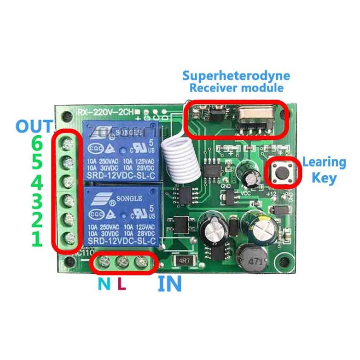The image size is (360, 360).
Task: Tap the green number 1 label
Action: point(37,239)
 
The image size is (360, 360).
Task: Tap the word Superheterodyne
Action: point(236,76)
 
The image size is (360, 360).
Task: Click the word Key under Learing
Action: point(324,178)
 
